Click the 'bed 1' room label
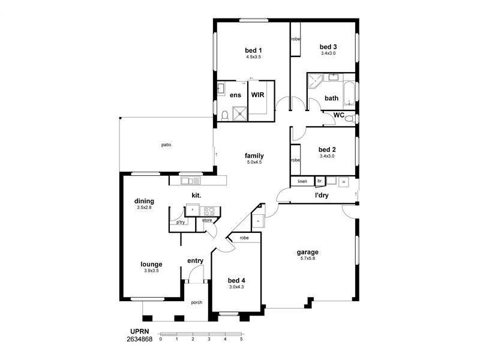(253, 50)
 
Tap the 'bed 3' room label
(328, 47)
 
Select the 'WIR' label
(257, 95)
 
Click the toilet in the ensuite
(224, 115)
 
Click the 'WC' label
(338, 115)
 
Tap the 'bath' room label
(331, 98)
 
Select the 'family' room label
(254, 156)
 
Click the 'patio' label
(166, 145)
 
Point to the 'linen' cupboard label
(302, 181)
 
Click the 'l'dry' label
(322, 195)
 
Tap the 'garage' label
(307, 252)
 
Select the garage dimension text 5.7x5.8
(307, 259)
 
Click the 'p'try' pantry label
(181, 223)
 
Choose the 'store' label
(207, 220)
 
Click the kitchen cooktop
(210, 210)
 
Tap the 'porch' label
(196, 302)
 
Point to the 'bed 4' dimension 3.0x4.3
(236, 287)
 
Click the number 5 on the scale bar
(241, 339)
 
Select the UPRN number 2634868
(139, 339)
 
